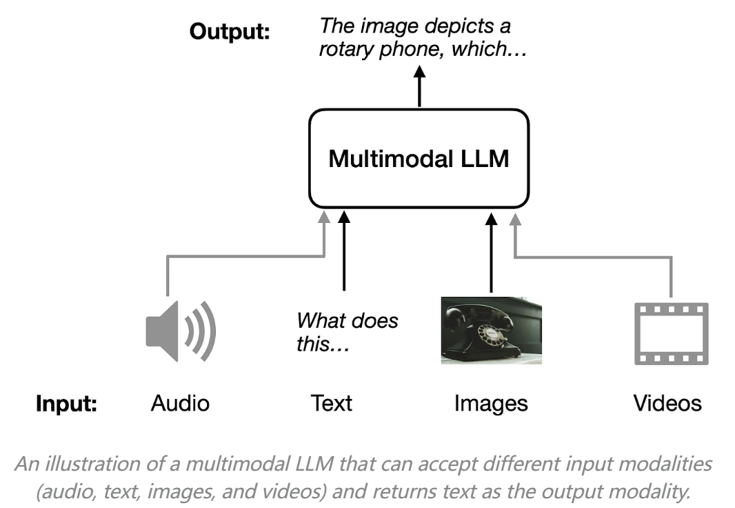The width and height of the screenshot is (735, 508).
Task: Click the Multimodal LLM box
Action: [x=419, y=159]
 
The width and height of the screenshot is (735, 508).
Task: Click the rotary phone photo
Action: [x=491, y=330]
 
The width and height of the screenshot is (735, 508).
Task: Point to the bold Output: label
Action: [x=230, y=33]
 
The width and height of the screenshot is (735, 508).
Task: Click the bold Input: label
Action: [x=67, y=404]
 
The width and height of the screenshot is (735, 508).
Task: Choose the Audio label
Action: [x=180, y=403]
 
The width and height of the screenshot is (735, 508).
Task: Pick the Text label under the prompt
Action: [x=332, y=403]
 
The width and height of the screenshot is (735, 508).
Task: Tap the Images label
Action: [x=491, y=403]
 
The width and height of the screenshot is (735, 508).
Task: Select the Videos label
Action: [x=667, y=403]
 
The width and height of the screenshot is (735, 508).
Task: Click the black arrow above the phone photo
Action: [x=492, y=252]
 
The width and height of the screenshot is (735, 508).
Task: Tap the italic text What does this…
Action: [x=347, y=332]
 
